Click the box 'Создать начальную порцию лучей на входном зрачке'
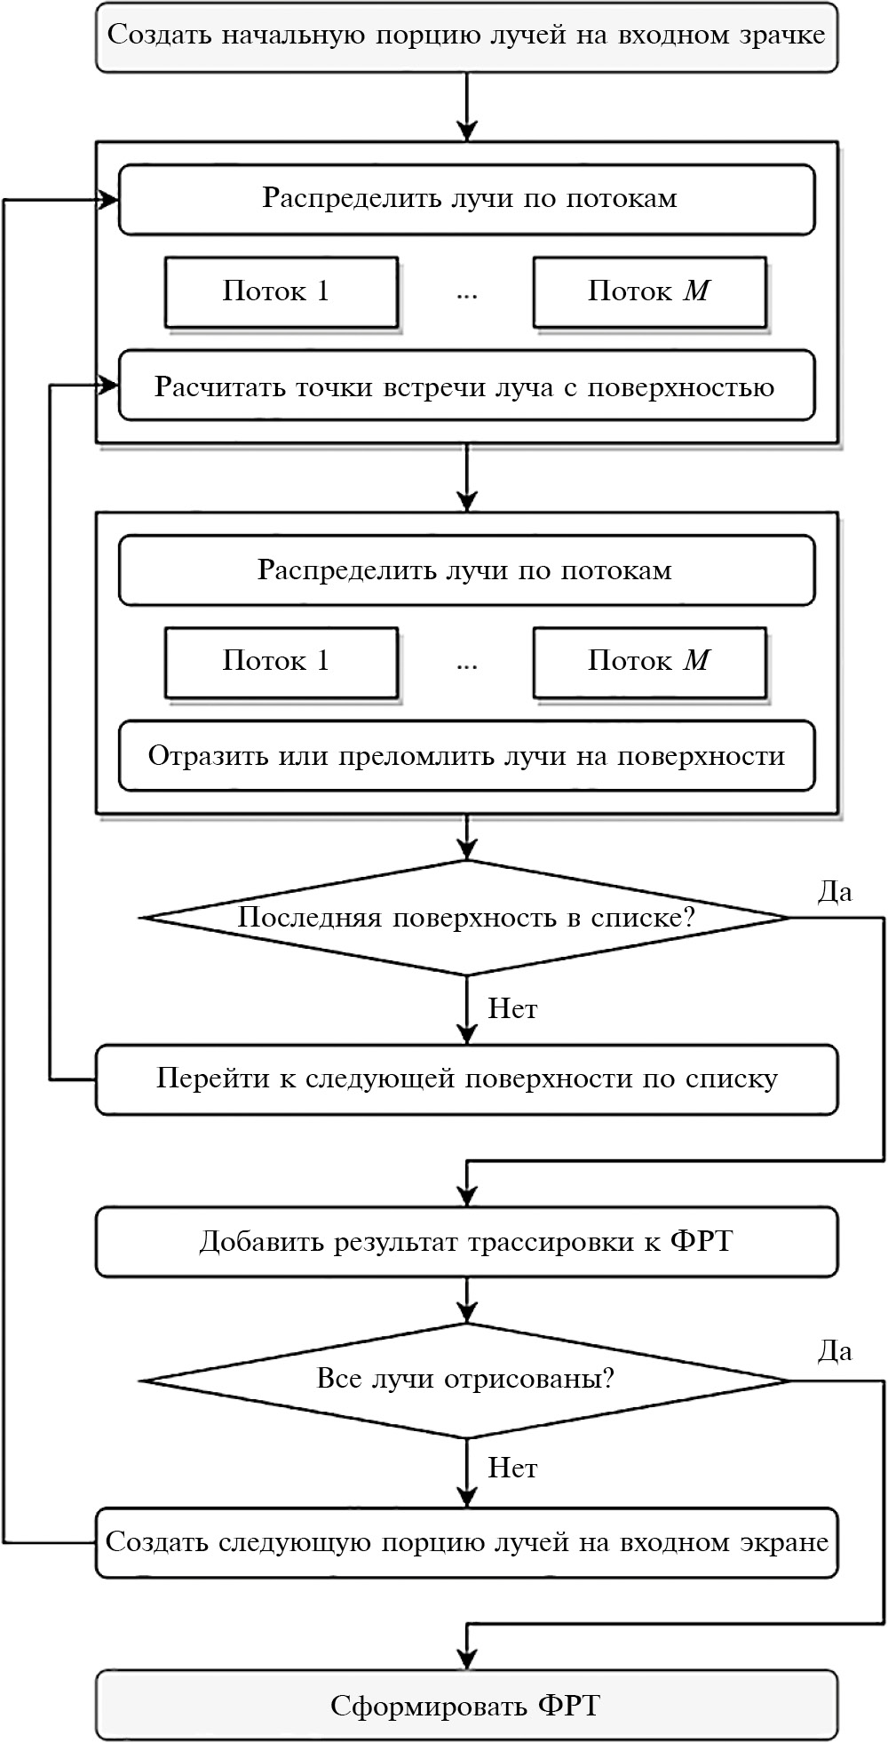click(x=466, y=36)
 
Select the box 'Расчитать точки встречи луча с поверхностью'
click(x=466, y=386)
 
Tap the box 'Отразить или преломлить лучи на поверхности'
click(x=466, y=756)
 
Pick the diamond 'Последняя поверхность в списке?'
click(x=466, y=918)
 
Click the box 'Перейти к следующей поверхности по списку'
click(x=466, y=1078)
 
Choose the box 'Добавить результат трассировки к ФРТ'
click(x=466, y=1241)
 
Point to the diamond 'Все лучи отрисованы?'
click(x=466, y=1380)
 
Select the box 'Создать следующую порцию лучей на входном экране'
click(x=466, y=1542)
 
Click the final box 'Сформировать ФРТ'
click(x=466, y=1705)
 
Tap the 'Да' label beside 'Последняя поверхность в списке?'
click(x=835, y=892)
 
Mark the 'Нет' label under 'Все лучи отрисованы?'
click(x=512, y=1468)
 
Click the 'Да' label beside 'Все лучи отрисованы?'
click(x=835, y=1352)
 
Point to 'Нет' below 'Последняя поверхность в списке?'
click(x=512, y=1009)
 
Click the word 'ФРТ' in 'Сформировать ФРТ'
click(x=568, y=1706)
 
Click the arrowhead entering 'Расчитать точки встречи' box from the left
click(x=110, y=386)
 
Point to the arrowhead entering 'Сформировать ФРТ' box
click(x=466, y=1659)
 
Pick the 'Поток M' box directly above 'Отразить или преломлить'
click(x=649, y=662)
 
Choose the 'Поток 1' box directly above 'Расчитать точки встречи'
click(x=281, y=291)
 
